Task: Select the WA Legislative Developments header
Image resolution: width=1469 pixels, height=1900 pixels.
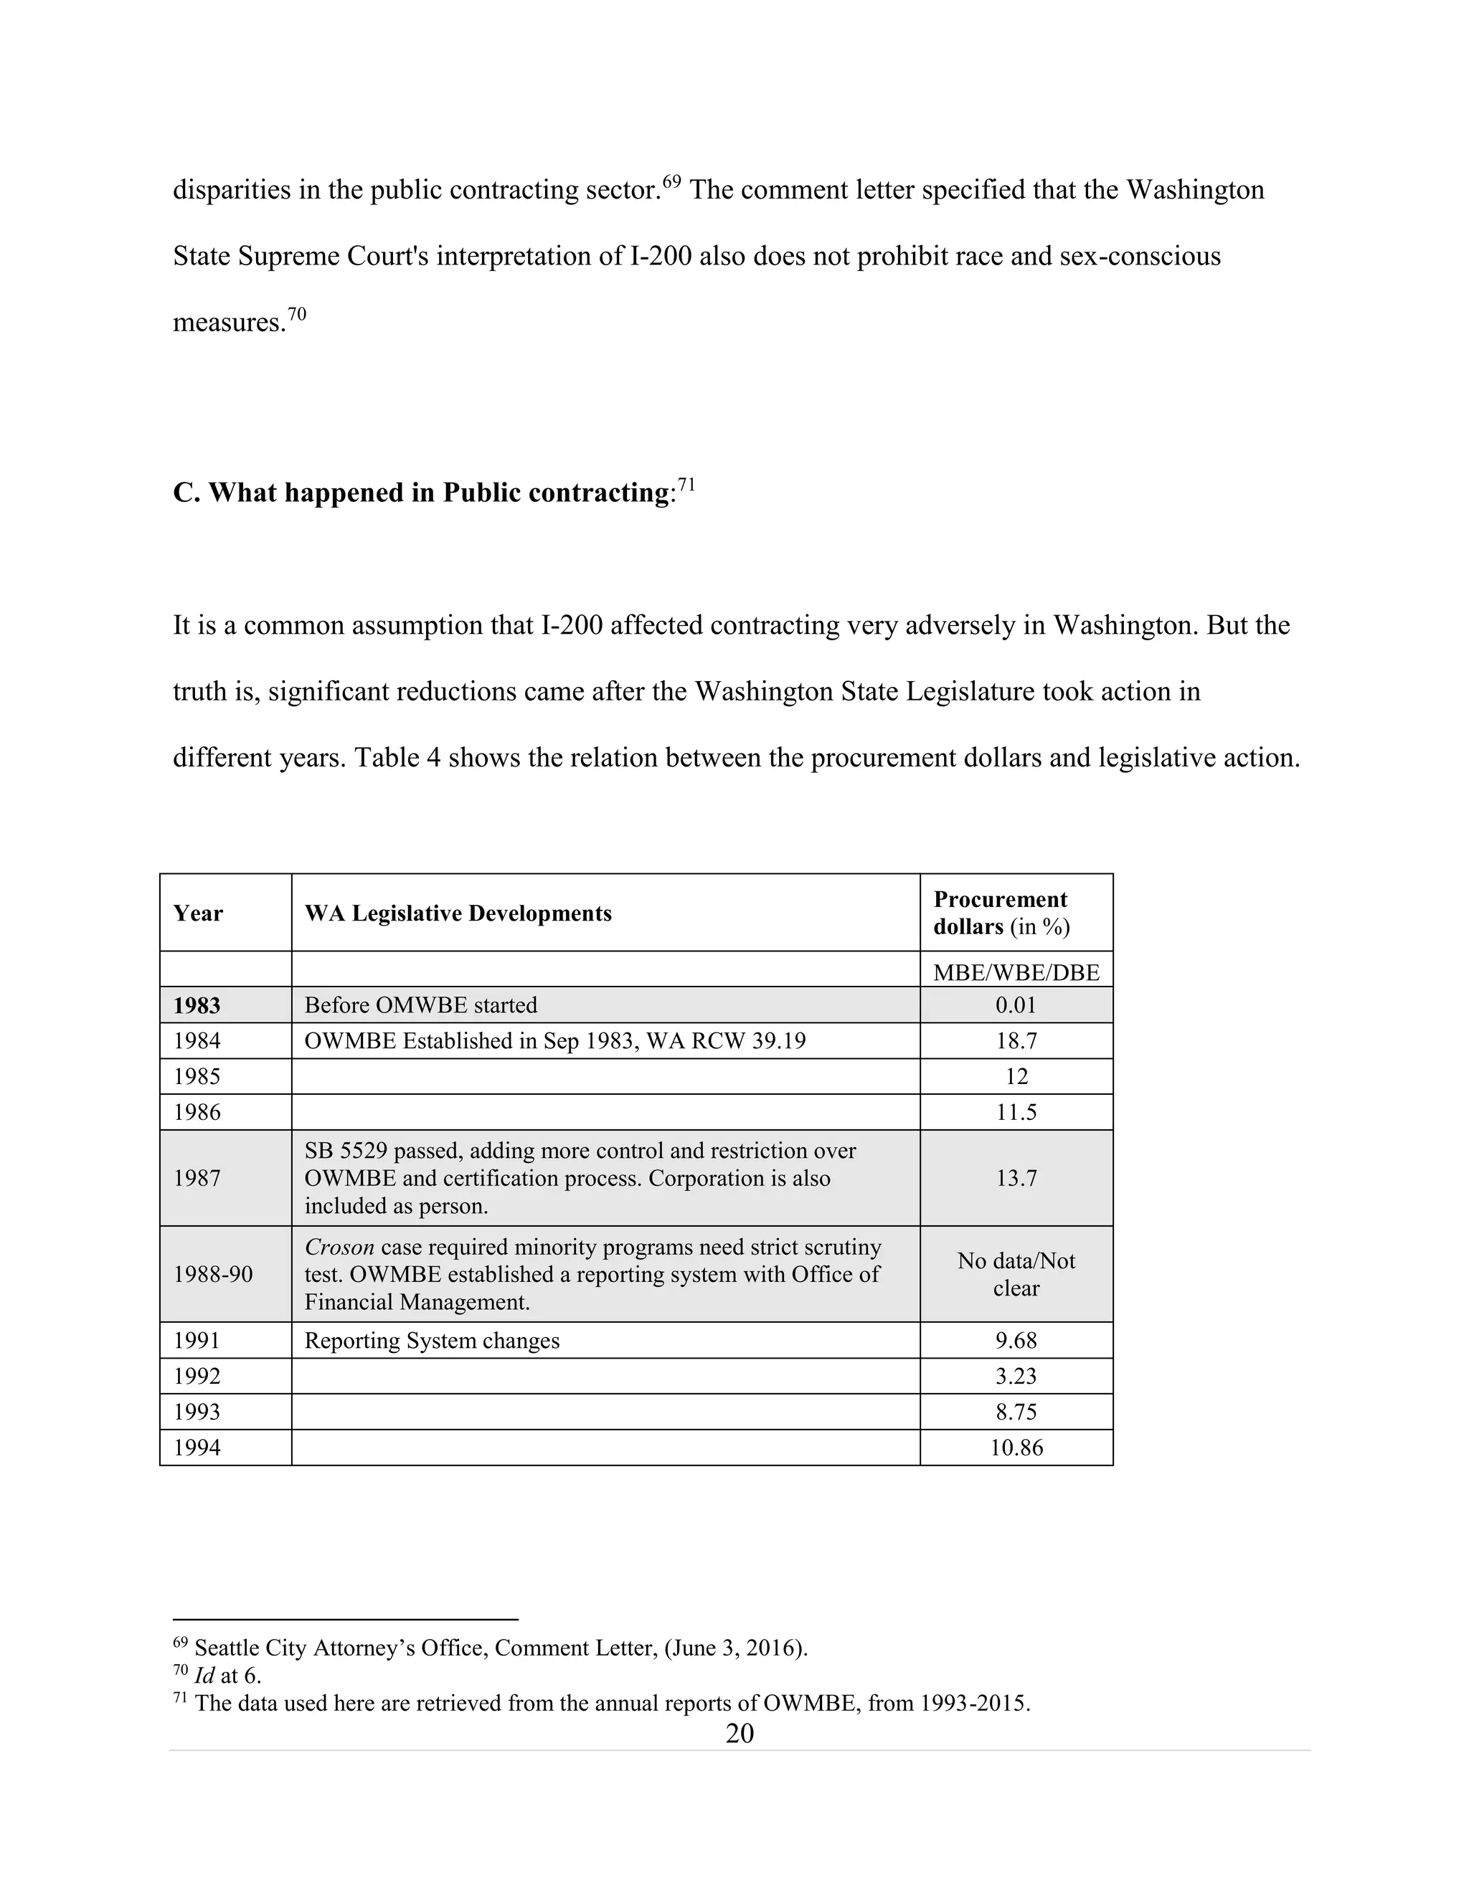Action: point(458,913)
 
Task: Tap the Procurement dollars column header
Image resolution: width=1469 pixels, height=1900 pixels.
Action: point(1001,913)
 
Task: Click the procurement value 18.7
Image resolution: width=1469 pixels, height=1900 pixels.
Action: point(1016,1040)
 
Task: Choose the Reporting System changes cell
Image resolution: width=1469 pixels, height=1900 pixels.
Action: point(432,1340)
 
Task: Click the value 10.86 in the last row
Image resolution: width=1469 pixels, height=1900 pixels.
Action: point(1016,1447)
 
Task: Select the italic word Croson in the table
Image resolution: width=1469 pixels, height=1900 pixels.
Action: point(339,1247)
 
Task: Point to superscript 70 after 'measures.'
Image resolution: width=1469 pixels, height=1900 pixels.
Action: point(297,314)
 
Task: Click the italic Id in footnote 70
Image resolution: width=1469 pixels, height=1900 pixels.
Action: point(204,1675)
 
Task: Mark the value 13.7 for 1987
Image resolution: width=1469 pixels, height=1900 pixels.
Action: point(1016,1178)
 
